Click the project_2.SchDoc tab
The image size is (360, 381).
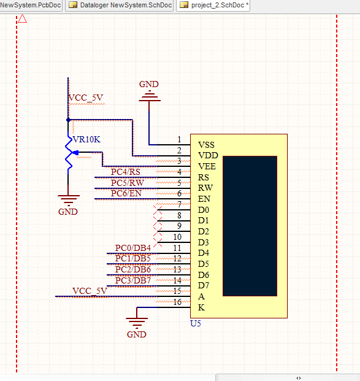[213, 5]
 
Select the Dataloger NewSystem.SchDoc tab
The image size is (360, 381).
[120, 5]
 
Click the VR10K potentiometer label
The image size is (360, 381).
[86, 139]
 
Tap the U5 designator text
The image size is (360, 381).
[196, 324]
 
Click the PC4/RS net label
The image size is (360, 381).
[126, 172]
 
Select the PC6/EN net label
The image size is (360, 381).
[126, 193]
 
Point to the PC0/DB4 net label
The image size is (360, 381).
[133, 248]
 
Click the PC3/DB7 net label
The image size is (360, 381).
[133, 280]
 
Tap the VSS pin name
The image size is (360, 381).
[206, 145]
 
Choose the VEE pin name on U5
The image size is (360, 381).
[207, 166]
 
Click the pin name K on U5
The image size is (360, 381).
[201, 307]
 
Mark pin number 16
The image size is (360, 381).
[177, 302]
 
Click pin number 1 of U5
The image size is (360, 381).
[179, 139]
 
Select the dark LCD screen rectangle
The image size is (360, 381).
[250, 226]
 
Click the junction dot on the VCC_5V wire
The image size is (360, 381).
[68, 120]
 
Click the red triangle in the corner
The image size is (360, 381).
[22, 18]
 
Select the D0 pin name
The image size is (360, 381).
[204, 210]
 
